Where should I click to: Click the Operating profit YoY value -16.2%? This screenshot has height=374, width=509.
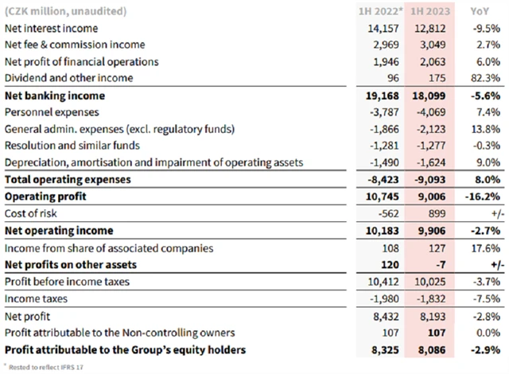click(480, 197)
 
